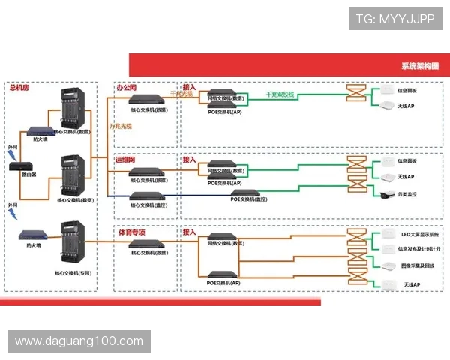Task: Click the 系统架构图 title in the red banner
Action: pos(420,66)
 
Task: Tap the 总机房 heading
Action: pos(19,88)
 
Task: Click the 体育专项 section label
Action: pos(130,232)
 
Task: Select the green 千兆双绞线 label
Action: pos(280,94)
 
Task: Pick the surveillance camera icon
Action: pos(384,194)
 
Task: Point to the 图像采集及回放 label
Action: pos(415,265)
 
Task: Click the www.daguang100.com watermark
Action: pos(79,341)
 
